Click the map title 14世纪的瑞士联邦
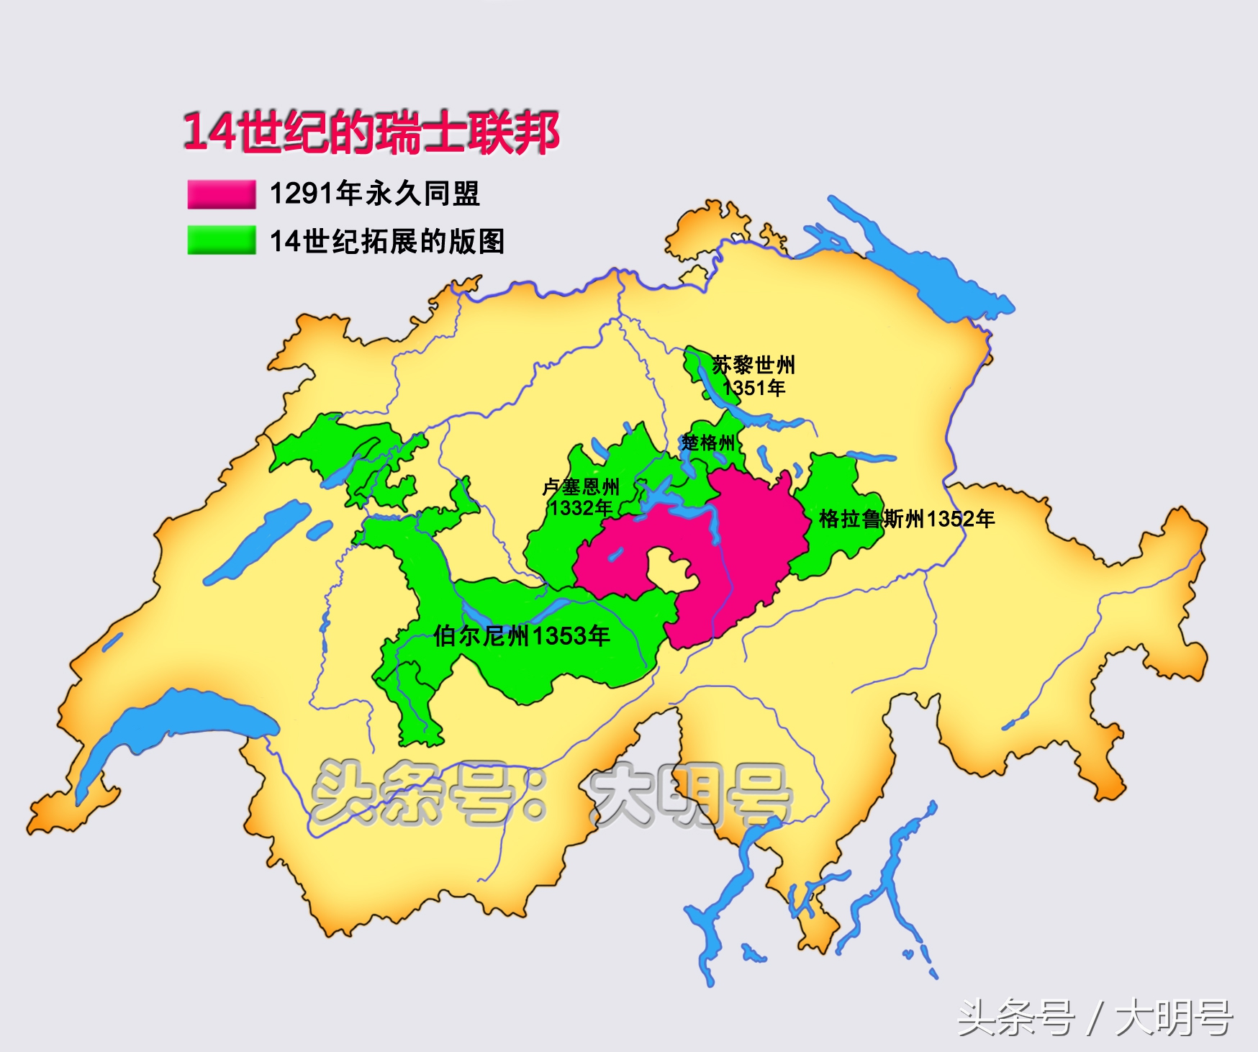pyautogui.click(x=371, y=132)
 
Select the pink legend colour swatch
pyautogui.click(x=221, y=194)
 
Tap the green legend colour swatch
pyautogui.click(x=221, y=240)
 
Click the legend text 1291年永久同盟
pyautogui.click(x=374, y=194)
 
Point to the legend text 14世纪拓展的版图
pyautogui.click(x=387, y=241)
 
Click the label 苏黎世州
pyautogui.click(x=754, y=365)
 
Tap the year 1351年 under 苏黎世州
pyautogui.click(x=754, y=389)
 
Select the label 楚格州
pyautogui.click(x=708, y=443)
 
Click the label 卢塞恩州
pyautogui.click(x=581, y=487)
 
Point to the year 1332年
pyautogui.click(x=581, y=508)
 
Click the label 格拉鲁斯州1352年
pyautogui.click(x=907, y=519)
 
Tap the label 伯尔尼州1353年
pyautogui.click(x=522, y=635)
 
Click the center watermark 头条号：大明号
pyautogui.click(x=551, y=795)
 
